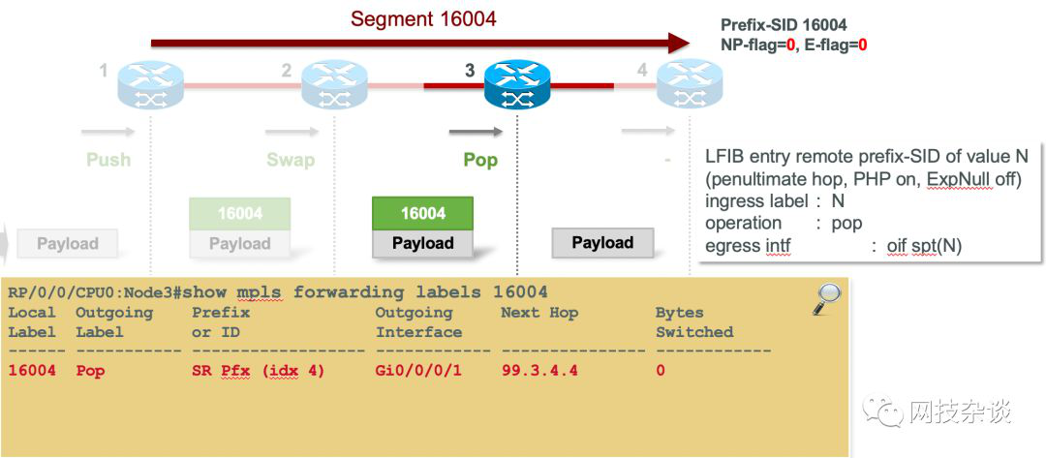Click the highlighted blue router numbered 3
(517, 84)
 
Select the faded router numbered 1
(150, 84)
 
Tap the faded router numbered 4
(689, 84)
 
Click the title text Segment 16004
(423, 19)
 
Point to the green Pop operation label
(480, 160)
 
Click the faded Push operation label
(108, 160)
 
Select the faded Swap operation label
(291, 160)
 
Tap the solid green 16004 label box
(422, 213)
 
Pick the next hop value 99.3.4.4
(539, 371)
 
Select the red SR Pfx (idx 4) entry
(258, 371)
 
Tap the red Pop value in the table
(90, 371)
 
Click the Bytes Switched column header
(693, 322)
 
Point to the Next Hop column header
(538, 313)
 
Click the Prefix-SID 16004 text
(784, 25)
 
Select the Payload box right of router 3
(602, 243)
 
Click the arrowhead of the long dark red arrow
(678, 43)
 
